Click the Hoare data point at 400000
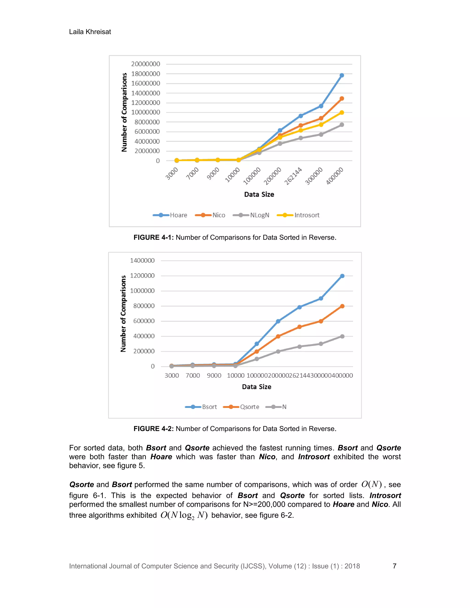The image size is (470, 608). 342,75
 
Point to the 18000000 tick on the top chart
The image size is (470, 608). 146,74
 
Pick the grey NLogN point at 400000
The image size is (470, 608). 342,125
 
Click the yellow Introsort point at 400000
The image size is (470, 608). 342,112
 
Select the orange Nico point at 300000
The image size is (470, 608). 321,118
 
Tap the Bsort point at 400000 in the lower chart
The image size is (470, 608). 342,276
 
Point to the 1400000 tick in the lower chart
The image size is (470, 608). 142,261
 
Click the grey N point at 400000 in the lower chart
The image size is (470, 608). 342,336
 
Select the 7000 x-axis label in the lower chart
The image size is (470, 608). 193,376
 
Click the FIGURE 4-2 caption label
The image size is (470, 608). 154,429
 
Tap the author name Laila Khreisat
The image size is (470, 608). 90,32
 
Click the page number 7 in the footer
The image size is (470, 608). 394,566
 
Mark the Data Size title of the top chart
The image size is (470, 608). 259,194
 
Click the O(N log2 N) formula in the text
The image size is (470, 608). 184,515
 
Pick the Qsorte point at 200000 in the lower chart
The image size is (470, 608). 278,336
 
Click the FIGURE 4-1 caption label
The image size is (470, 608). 154,237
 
